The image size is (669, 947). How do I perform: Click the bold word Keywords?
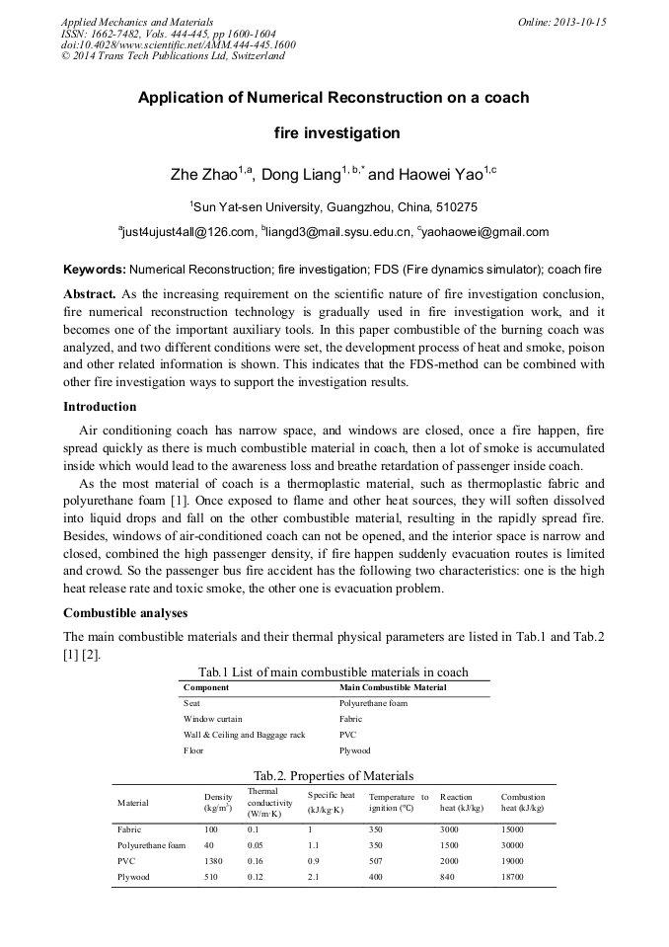click(x=94, y=270)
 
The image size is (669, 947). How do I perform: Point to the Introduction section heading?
click(x=101, y=407)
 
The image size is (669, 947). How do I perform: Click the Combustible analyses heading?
click(x=125, y=613)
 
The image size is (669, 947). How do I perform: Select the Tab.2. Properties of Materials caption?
click(x=334, y=775)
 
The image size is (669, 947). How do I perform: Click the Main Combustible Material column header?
click(x=392, y=686)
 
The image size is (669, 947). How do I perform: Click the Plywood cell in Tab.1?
click(x=356, y=750)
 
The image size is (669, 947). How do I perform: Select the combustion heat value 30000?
click(x=513, y=845)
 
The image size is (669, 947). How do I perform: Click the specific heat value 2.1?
click(x=314, y=876)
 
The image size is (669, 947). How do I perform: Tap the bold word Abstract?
click(x=90, y=295)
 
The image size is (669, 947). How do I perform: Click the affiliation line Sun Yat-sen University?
click(x=334, y=206)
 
